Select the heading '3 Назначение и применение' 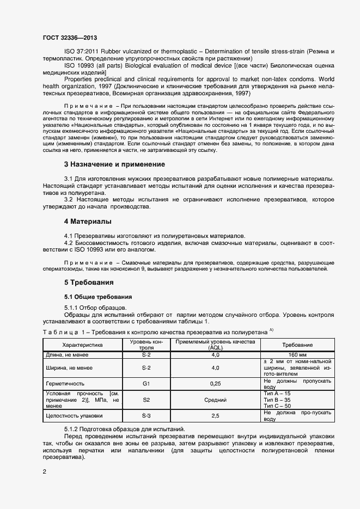point(114,164)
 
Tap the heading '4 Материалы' point(88,222)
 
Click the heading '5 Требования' point(89,283)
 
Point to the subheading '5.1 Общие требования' point(95,297)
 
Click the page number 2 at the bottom point(45,470)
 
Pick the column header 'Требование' point(297,345)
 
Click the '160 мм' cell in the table point(297,355)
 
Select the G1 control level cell point(146,383)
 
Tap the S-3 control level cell point(146,416)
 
